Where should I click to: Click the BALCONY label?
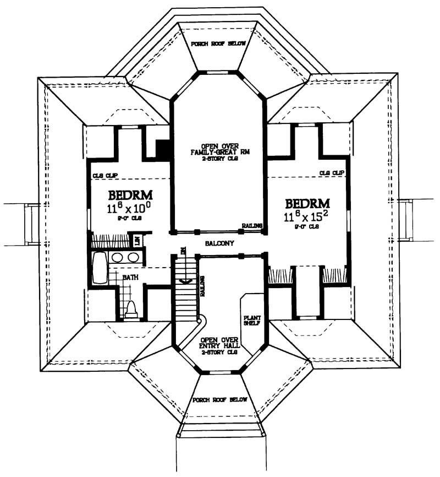[219, 243]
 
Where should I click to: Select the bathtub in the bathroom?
[100, 268]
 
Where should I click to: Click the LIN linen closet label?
[138, 241]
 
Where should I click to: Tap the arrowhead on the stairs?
[185, 281]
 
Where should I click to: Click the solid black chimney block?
[163, 149]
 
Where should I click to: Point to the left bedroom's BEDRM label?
[130, 196]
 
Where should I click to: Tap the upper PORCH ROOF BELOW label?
[218, 44]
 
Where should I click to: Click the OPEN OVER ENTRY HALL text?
[219, 345]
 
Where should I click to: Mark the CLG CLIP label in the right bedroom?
[332, 173]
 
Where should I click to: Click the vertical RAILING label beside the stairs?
[203, 286]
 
